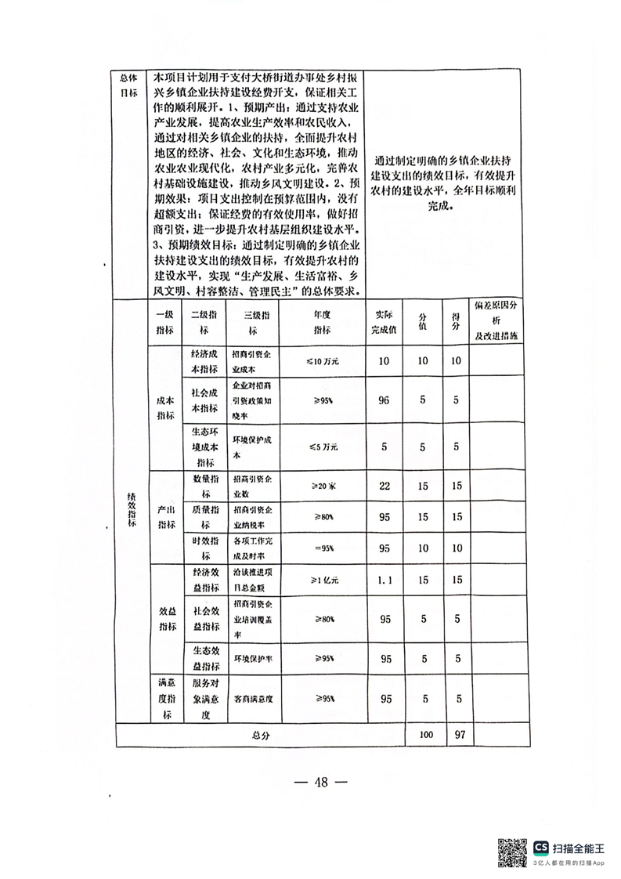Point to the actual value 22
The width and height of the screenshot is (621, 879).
(x=385, y=486)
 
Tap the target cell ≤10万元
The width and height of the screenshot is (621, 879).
(x=321, y=361)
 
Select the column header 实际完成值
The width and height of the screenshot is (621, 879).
(x=385, y=322)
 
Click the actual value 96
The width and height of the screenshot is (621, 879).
(x=385, y=400)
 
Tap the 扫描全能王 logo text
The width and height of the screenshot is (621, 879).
(x=579, y=848)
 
